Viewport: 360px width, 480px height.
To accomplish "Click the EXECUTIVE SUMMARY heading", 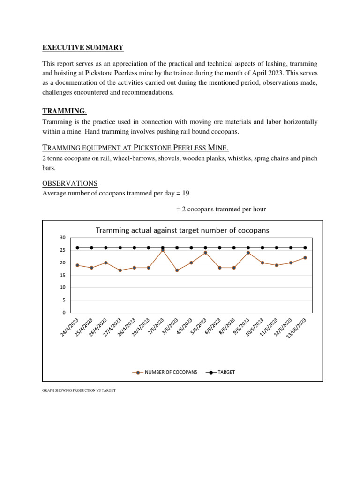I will tap(83, 47).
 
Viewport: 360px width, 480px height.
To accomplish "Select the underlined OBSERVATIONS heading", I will tap(70, 183).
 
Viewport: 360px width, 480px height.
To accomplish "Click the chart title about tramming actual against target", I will tap(182, 230).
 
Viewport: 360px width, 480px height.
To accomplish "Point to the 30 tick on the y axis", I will tap(62, 238).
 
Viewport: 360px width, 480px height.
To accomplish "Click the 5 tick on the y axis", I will tap(64, 300).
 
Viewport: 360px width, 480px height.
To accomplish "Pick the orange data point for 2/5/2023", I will tap(163, 250).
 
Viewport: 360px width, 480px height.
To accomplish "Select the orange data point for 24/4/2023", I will tap(77, 265).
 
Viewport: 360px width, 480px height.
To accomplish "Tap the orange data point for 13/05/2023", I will tap(305, 258).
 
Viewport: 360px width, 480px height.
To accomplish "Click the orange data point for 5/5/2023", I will tap(205, 253).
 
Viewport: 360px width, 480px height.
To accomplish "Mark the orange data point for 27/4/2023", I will tap(120, 270).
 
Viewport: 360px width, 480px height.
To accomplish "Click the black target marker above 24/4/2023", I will tap(77, 247).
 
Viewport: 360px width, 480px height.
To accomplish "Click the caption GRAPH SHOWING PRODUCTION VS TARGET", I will tap(79, 390).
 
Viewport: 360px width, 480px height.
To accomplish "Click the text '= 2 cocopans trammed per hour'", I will tap(221, 209).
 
